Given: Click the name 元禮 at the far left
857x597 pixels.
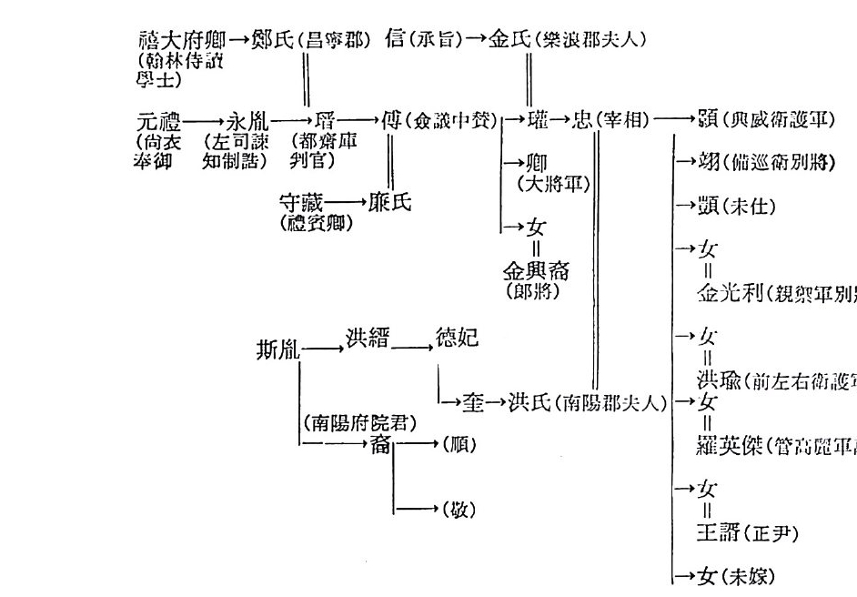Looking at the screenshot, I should click(154, 120).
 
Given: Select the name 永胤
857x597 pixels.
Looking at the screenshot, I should click(245, 120).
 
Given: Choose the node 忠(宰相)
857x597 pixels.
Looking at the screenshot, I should click(608, 120).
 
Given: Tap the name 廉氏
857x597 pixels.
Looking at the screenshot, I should click(388, 203).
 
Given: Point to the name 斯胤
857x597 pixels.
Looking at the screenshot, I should click(277, 349).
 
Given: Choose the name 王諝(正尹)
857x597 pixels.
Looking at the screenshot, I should click(746, 533).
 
